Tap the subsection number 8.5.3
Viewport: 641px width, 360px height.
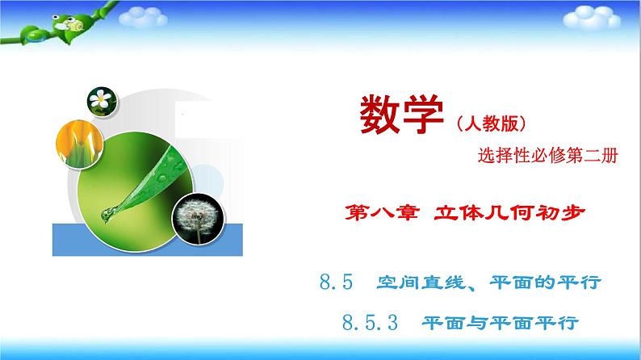[x=371, y=324]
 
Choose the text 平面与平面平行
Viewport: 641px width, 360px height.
[x=501, y=324]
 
